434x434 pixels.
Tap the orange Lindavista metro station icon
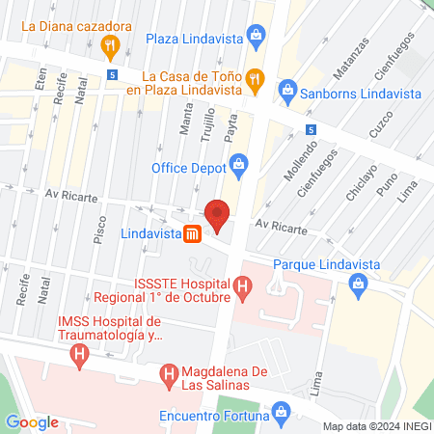[193, 234]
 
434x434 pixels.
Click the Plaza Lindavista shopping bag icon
[257, 40]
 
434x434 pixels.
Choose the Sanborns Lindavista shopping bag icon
[286, 92]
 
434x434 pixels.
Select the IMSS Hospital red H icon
[78, 356]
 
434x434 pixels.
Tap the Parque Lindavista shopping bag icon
[359, 283]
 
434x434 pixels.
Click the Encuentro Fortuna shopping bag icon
[281, 417]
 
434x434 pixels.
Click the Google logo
[32, 422]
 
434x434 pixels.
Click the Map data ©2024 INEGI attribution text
[374, 425]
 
